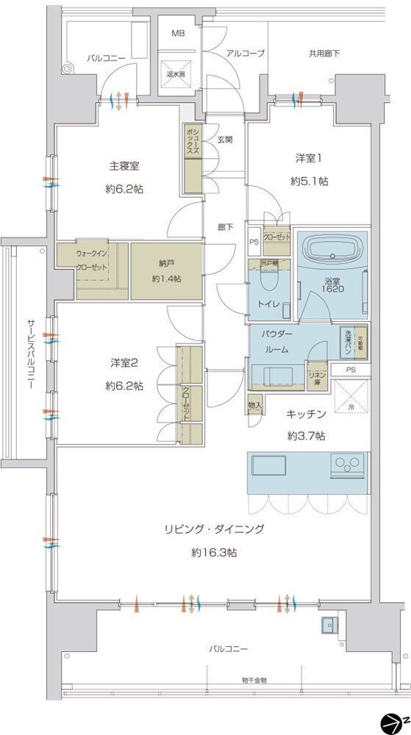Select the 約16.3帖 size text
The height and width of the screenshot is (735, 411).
tap(214, 551)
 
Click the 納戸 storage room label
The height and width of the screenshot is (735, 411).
tap(166, 263)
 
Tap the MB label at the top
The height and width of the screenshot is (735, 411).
tap(178, 34)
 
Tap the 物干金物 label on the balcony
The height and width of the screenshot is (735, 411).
tap(254, 680)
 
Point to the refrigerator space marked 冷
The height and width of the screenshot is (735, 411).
tap(349, 399)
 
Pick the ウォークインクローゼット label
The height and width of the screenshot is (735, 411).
tap(93, 259)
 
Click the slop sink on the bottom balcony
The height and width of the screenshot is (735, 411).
tap(327, 626)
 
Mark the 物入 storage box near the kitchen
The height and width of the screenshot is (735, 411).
tap(255, 404)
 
